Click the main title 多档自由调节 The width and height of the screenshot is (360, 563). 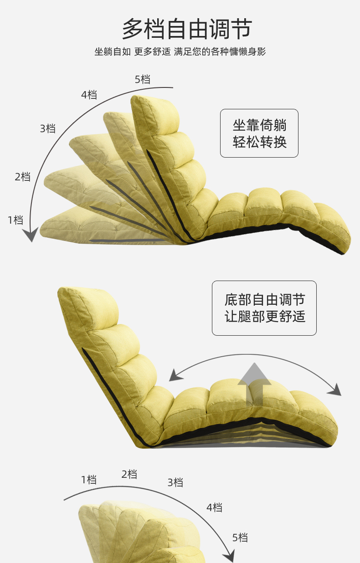tap(187, 29)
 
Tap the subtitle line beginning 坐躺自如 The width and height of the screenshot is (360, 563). tap(180, 51)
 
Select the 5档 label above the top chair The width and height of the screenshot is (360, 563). tap(142, 79)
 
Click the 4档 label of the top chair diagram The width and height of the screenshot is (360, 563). tap(89, 95)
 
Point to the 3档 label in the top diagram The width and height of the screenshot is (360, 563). tap(47, 128)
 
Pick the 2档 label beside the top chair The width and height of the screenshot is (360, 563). tap(23, 177)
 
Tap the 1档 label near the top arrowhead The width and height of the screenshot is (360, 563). tap(15, 220)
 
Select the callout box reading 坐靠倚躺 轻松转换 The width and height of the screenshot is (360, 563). tap(259, 133)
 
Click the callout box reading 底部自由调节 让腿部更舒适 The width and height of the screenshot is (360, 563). tap(264, 308)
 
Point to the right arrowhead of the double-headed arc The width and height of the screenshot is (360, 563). tap(335, 390)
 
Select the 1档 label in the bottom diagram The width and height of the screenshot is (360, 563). tap(89, 479)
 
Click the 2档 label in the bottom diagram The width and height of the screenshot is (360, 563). tap(129, 474)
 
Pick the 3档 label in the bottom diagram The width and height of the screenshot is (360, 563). tap(175, 482)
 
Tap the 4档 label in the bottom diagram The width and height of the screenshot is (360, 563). tap(214, 507)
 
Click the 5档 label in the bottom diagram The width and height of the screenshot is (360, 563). tap(240, 537)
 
